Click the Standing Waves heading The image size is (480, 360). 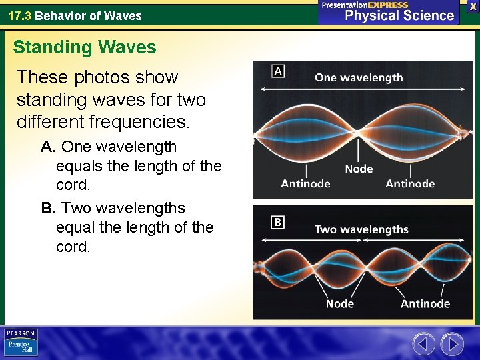(x=85, y=47)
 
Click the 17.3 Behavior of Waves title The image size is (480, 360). (x=75, y=15)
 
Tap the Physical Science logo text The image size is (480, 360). (x=399, y=16)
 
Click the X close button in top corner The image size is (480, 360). (x=473, y=5)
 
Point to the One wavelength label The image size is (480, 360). (x=359, y=77)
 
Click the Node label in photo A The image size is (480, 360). (x=359, y=169)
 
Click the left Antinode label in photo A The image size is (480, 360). (x=305, y=184)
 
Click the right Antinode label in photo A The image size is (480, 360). (x=410, y=184)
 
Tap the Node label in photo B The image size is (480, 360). (x=339, y=304)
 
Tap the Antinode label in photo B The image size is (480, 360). (x=425, y=304)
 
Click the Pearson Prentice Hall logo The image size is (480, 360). (x=21, y=343)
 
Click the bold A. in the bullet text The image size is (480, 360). (x=49, y=147)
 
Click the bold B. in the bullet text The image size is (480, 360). (x=49, y=208)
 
